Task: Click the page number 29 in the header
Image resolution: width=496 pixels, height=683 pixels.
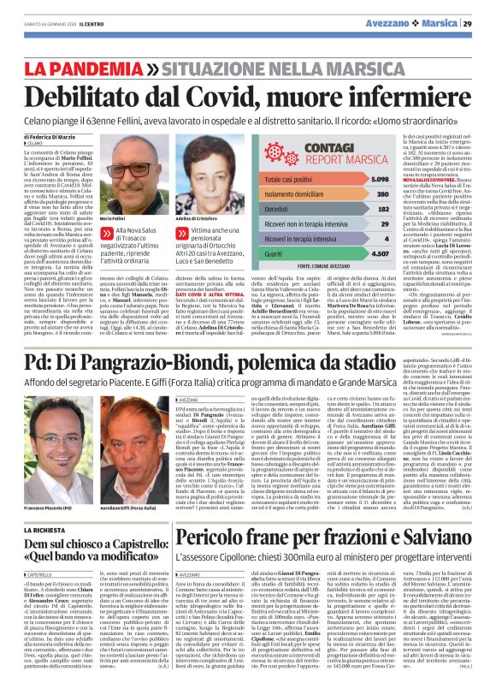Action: click(481, 24)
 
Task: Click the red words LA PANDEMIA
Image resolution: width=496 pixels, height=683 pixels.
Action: click(94, 67)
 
